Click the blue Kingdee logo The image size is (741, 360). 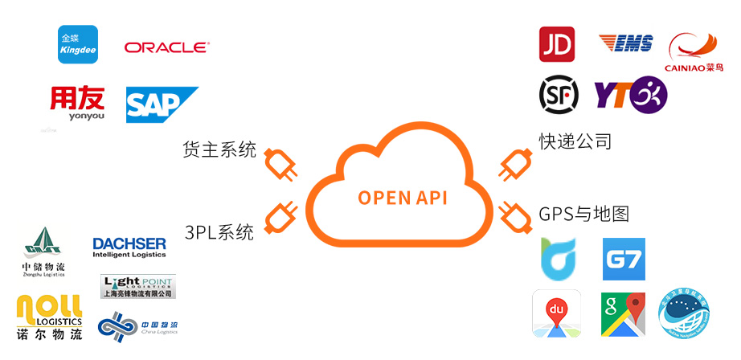pos(78,44)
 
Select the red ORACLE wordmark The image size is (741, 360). pos(166,47)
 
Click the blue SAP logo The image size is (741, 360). pos(160,105)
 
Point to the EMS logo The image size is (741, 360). pos(625,43)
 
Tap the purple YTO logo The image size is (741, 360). pos(630,95)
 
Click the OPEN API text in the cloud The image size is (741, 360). pos(403,198)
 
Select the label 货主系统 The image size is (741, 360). pos(219,149)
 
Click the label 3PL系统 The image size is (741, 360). pos(219,232)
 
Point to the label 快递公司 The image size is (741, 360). pos(575,141)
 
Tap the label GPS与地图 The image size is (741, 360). pos(583,214)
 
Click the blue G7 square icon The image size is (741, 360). pos(624,259)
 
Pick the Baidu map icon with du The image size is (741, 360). pos(556,313)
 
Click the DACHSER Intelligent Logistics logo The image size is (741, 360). pos(129,247)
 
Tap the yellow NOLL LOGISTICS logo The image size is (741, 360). pos(49,316)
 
